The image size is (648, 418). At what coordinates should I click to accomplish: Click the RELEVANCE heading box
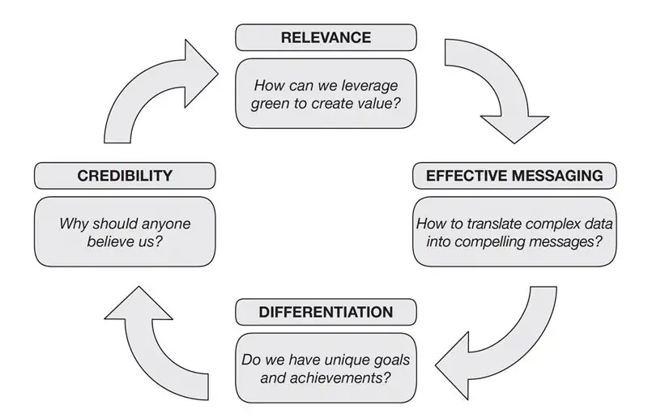[326, 37]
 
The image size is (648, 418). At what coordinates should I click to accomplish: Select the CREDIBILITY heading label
[125, 176]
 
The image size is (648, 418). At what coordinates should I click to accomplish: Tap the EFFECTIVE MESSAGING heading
[514, 176]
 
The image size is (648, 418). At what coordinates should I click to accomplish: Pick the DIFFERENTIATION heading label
[326, 312]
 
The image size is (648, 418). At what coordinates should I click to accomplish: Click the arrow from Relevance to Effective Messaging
[494, 89]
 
